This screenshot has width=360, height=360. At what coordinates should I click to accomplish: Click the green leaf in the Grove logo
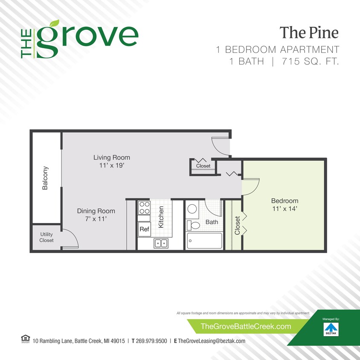[54, 24]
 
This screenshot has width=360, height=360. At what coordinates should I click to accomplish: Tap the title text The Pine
[309, 32]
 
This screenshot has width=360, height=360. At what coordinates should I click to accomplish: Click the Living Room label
[111, 157]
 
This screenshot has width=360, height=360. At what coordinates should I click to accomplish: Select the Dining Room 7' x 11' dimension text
[96, 219]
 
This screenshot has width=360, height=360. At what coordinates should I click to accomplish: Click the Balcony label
[45, 178]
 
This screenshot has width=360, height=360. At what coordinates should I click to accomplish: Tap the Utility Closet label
[46, 237]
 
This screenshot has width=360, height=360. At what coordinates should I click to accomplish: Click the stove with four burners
[144, 208]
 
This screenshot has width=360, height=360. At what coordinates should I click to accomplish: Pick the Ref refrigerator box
[144, 229]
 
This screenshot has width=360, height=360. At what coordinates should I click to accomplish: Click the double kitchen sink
[161, 243]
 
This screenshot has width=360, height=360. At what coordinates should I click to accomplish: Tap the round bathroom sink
[192, 209]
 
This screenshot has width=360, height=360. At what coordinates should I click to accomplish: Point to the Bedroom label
[285, 201]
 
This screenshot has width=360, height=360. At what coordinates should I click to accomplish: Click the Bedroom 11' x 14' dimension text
[285, 209]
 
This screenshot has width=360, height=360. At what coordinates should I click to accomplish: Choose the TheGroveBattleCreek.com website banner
[246, 327]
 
